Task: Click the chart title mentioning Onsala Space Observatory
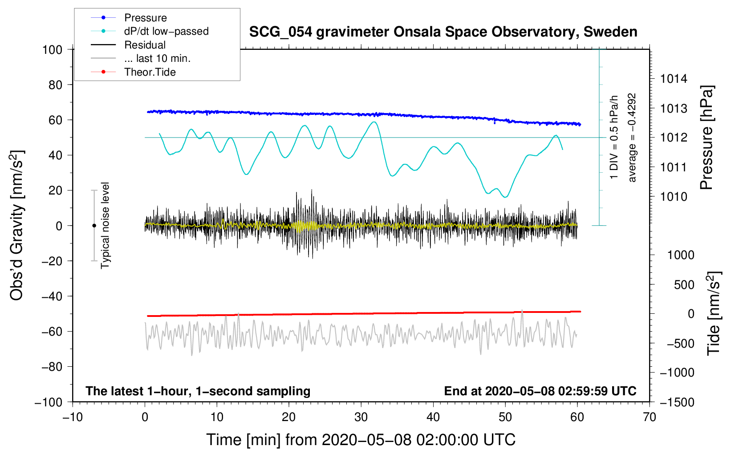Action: point(443,32)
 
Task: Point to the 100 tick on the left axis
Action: point(53,50)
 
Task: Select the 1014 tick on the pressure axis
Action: point(674,79)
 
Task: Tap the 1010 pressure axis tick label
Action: point(674,197)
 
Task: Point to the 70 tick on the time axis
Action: point(649,417)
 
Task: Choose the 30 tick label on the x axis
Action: point(361,417)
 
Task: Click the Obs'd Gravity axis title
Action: point(17,225)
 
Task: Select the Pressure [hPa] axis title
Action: point(707,137)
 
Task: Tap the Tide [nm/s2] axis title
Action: point(714,313)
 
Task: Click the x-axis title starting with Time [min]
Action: point(361,440)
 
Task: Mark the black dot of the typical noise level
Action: point(94,226)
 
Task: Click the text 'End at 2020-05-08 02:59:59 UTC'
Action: point(540,391)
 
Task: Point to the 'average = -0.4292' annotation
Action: point(632,138)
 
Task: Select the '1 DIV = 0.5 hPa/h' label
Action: point(613,137)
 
